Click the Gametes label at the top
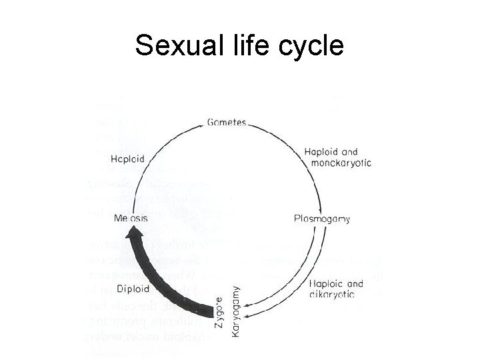pos(227,123)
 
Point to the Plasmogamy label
pos(322,218)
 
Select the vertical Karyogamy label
pos(236,311)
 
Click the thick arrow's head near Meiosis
pos(137,233)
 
